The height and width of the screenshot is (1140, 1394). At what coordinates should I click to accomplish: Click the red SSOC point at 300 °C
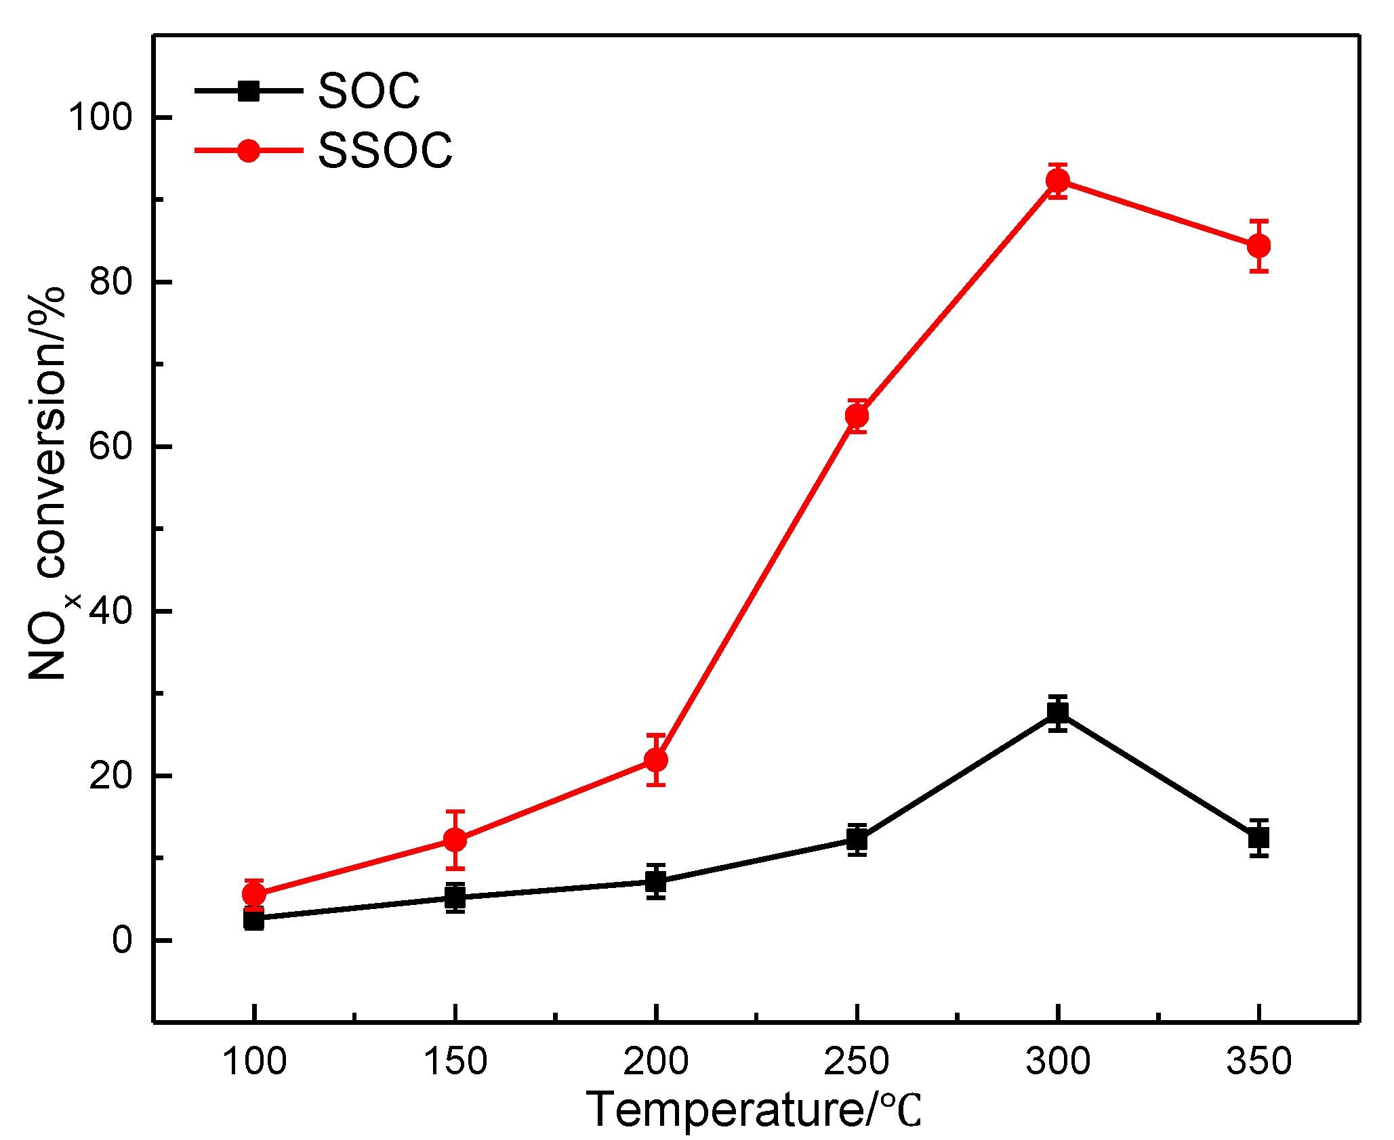1057,180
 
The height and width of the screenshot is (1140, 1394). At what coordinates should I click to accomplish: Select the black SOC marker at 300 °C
1057,713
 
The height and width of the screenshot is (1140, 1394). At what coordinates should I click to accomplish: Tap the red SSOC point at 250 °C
857,415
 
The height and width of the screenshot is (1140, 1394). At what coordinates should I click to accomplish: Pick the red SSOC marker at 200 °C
656,760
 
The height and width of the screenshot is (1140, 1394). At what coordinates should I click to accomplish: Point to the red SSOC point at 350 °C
1258,246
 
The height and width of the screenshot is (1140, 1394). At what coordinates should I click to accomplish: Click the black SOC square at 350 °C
1258,838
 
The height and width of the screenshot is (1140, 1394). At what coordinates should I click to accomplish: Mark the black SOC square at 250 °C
857,839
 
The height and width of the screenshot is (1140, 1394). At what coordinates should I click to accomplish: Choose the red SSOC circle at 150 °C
455,840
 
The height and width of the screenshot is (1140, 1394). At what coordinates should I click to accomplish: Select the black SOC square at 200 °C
656,881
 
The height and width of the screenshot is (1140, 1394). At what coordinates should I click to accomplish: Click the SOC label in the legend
369,91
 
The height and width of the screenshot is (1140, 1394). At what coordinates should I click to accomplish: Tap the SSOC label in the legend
385,150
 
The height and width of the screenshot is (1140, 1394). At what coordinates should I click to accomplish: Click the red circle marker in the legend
249,150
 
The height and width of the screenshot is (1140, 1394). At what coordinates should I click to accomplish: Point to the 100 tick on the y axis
100,117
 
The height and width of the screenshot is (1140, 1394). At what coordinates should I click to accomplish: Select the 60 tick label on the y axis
110,446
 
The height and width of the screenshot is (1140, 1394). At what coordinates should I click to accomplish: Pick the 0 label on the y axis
122,940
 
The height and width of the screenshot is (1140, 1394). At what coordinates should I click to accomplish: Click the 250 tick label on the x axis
857,1061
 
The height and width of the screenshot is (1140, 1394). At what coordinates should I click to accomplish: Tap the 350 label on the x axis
1258,1061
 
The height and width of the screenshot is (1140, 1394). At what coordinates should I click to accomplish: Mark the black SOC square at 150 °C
455,898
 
